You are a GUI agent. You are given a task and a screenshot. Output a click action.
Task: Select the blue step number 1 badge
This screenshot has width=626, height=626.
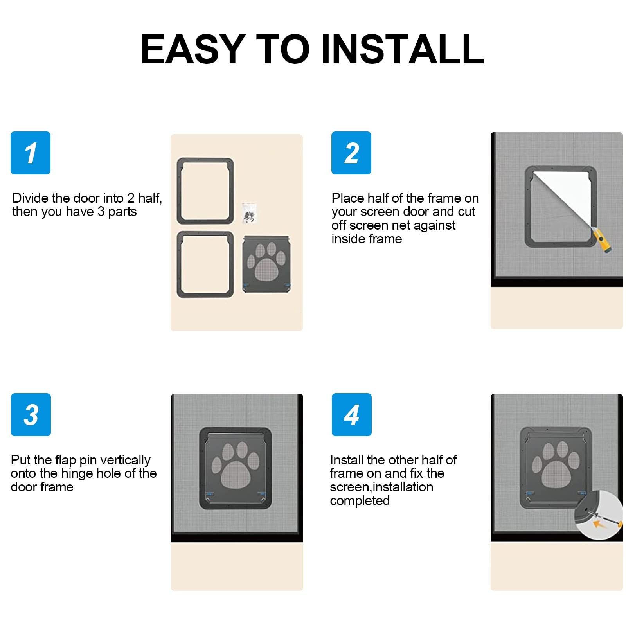tap(31, 153)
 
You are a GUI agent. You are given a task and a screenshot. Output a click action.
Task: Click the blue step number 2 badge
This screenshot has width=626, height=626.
tap(351, 153)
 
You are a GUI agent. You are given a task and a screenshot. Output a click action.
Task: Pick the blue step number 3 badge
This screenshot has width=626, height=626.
tap(31, 415)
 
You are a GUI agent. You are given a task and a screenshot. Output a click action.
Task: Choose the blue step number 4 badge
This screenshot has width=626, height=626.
tap(352, 415)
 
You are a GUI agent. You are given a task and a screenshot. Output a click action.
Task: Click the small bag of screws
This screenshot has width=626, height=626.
tap(249, 214)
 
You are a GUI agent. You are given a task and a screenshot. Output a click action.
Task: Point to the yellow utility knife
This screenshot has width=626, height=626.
tap(602, 241)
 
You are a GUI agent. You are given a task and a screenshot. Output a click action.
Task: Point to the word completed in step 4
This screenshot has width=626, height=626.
tap(360, 501)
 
